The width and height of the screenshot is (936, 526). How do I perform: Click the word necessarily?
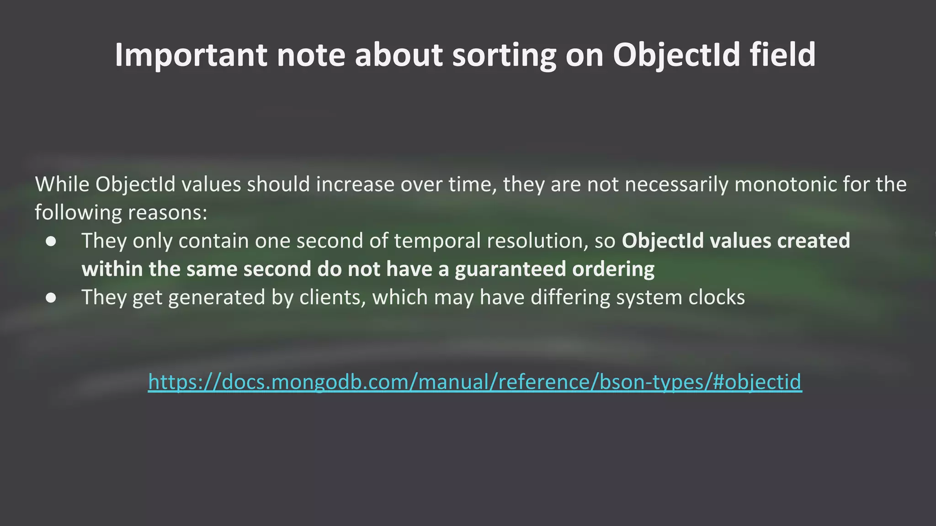[676, 184]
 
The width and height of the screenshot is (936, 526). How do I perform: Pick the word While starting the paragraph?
[62, 184]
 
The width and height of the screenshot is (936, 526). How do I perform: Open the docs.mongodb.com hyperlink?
[475, 382]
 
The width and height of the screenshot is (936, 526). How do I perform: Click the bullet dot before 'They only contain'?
[51, 241]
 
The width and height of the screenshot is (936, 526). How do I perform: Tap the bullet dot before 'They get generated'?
[51, 298]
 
